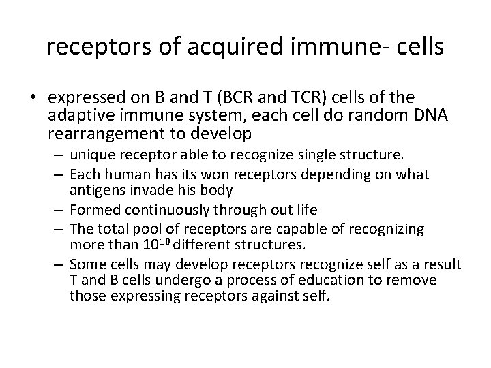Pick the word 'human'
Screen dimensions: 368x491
[117, 174]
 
